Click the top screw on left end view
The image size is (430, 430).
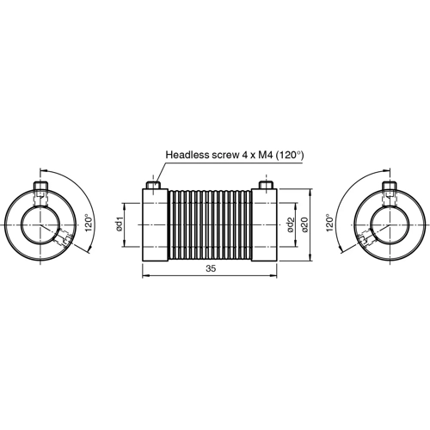40,187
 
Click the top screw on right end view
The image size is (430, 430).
388,187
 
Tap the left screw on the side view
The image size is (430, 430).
153,185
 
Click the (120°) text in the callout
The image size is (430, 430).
288,156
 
